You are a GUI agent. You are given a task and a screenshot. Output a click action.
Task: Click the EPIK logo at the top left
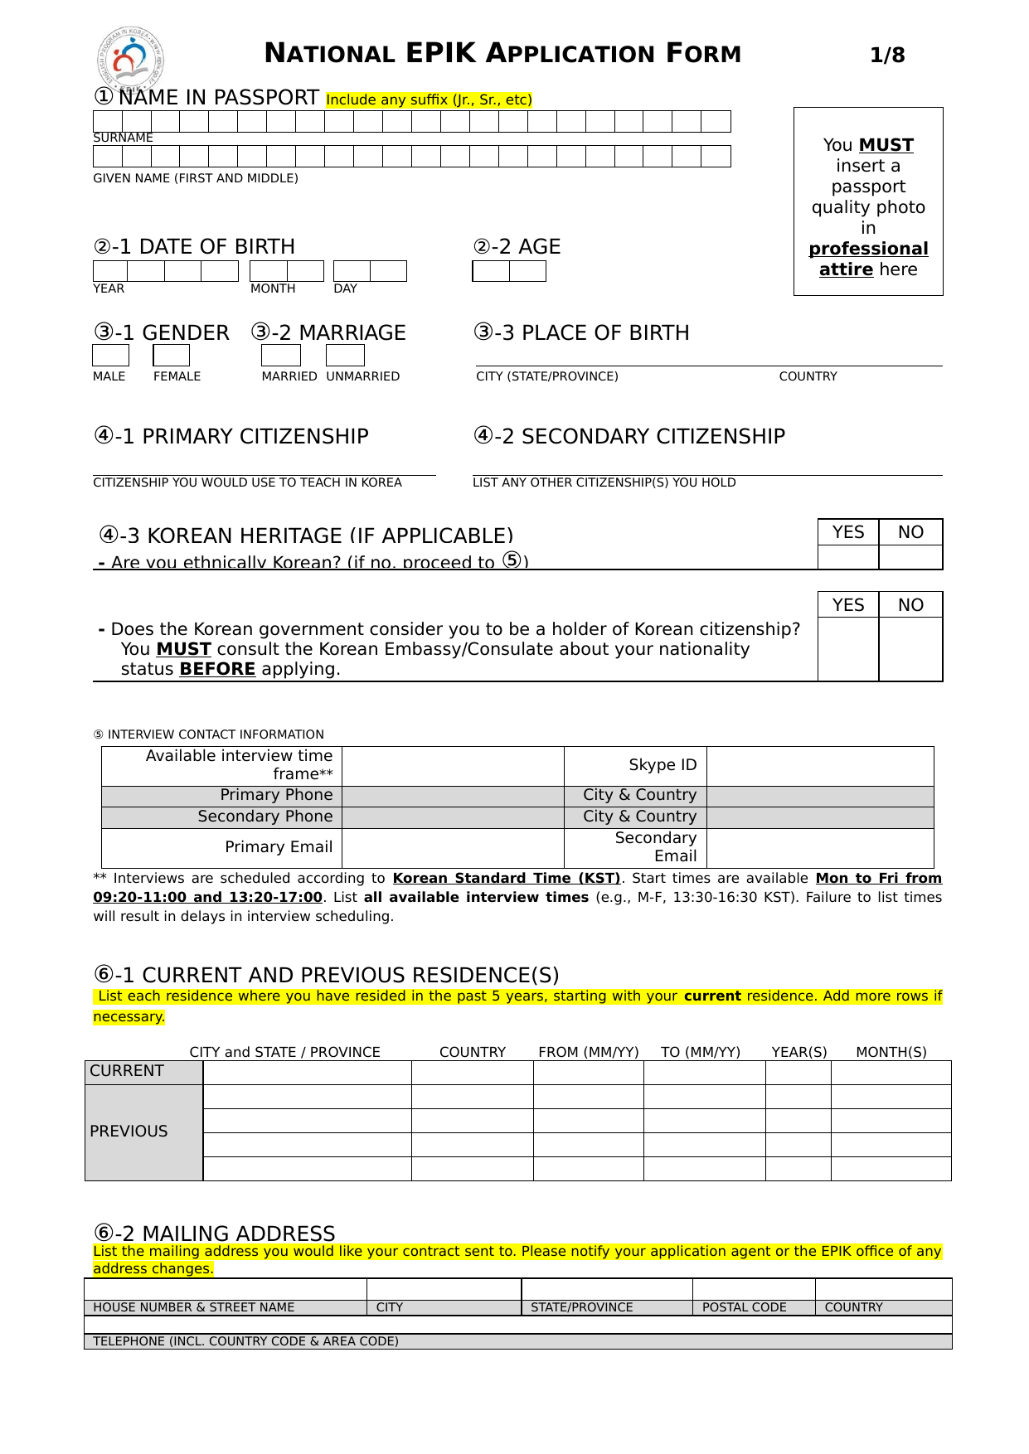pyautogui.click(x=130, y=58)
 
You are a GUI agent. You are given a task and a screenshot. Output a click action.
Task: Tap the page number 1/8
pyautogui.click(x=886, y=56)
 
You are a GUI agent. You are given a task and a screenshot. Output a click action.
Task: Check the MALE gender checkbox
pyautogui.click(x=110, y=356)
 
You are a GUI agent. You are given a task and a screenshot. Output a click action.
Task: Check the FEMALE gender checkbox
pyautogui.click(x=172, y=356)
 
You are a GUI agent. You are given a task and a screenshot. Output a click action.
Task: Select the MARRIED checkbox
pyautogui.click(x=280, y=356)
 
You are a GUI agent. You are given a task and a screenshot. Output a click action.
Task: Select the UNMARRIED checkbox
pyautogui.click(x=345, y=356)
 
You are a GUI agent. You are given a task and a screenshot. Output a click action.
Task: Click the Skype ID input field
pyautogui.click(x=820, y=766)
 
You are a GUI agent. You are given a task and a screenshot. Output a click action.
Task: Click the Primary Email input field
pyautogui.click(x=453, y=848)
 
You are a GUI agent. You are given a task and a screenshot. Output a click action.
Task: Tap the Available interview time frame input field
pyautogui.click(x=453, y=766)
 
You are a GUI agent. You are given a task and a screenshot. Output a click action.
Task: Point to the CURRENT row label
pyautogui.click(x=127, y=1071)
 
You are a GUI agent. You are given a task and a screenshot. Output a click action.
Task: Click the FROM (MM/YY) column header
pyautogui.click(x=589, y=1052)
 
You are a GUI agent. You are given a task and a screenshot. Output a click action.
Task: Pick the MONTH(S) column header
pyautogui.click(x=891, y=1052)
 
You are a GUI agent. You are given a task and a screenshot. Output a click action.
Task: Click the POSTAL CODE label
pyautogui.click(x=744, y=1307)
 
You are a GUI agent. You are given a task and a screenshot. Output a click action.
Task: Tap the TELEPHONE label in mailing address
pyautogui.click(x=245, y=1341)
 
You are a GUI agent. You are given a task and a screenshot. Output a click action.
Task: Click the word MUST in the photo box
pyautogui.click(x=886, y=145)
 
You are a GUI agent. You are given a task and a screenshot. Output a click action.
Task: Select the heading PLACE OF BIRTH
pyautogui.click(x=605, y=333)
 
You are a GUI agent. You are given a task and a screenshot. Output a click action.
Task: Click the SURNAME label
pyautogui.click(x=123, y=138)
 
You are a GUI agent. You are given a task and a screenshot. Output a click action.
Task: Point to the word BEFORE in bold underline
pyautogui.click(x=217, y=669)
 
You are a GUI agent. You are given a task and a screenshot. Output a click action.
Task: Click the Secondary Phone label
pyautogui.click(x=265, y=817)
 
